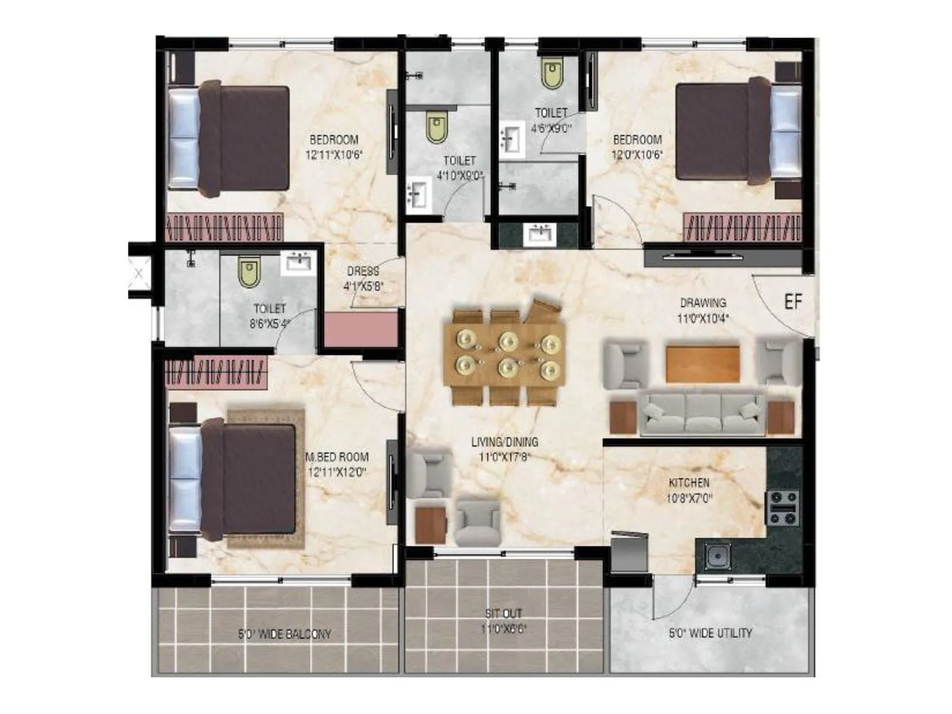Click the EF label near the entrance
(x=793, y=302)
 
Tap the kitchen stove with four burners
(x=782, y=508)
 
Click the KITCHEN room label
(x=688, y=483)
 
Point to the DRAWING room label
(x=703, y=302)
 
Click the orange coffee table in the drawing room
(x=703, y=364)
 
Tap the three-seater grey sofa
(x=702, y=412)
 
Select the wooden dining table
(x=505, y=356)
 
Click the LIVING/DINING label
(x=505, y=442)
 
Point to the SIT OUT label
(x=503, y=613)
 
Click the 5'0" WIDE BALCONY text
(x=284, y=634)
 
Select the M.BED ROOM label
(x=337, y=457)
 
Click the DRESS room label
(x=363, y=271)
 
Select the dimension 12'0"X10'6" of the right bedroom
(x=637, y=155)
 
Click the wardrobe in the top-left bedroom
(x=224, y=227)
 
